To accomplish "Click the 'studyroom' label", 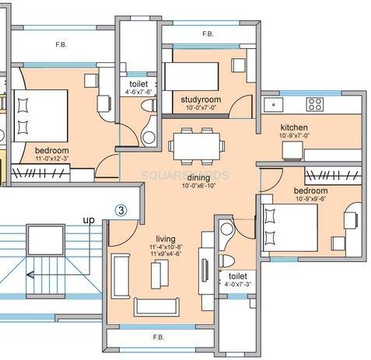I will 201,100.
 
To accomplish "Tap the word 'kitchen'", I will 294,127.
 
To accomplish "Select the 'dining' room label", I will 197,178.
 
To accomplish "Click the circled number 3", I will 121,209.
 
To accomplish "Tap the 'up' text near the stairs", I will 89,221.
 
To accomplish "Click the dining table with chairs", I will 194,145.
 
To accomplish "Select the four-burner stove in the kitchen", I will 315,103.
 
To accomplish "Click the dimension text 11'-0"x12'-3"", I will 51,157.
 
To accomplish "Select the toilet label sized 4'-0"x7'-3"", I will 237,285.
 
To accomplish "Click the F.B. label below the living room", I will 159,337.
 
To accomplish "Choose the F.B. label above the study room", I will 208,35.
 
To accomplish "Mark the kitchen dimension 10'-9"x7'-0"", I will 294,135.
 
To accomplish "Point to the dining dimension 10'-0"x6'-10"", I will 197,187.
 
